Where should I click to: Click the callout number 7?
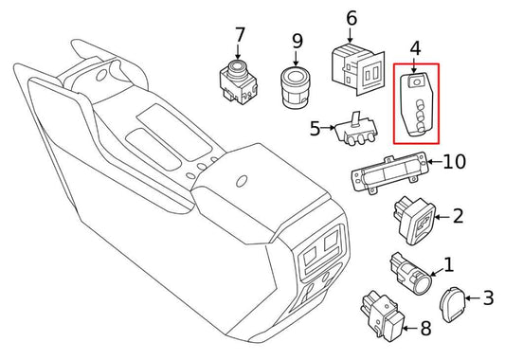[240, 36]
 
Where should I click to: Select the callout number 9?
[297, 41]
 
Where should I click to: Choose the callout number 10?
[455, 162]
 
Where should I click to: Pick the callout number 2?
[458, 216]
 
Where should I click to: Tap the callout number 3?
[488, 298]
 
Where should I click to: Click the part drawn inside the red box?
[415, 104]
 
